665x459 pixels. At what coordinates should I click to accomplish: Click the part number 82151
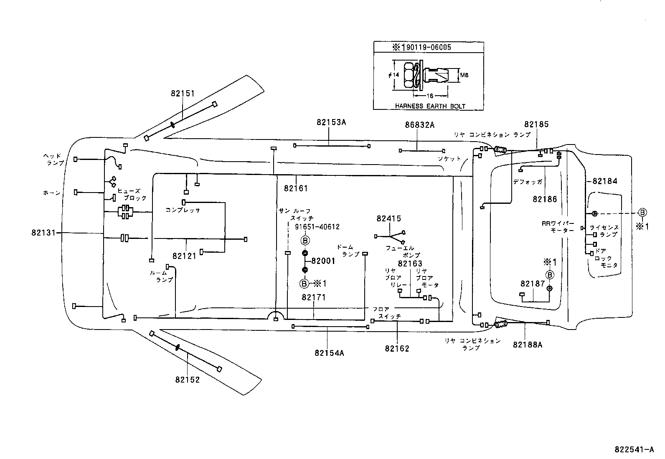pos(183,94)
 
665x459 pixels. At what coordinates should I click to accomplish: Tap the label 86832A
pos(419,124)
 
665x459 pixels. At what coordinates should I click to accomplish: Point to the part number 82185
pos(536,124)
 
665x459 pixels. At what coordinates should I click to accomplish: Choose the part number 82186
pos(545,199)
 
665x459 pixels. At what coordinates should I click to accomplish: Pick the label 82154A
pos(329,353)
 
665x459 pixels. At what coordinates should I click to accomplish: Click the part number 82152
pos(188,380)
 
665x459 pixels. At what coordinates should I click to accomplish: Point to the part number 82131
pos(43,233)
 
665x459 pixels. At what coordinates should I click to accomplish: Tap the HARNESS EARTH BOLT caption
pos(430,106)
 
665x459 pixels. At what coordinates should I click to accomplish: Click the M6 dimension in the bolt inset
pos(464,75)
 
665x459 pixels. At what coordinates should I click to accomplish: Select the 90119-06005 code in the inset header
pos(427,47)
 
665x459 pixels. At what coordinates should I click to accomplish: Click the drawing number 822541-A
pos(634,450)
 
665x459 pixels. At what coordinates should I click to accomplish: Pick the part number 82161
pos(296,188)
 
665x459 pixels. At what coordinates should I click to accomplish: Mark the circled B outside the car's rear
pos(642,213)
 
